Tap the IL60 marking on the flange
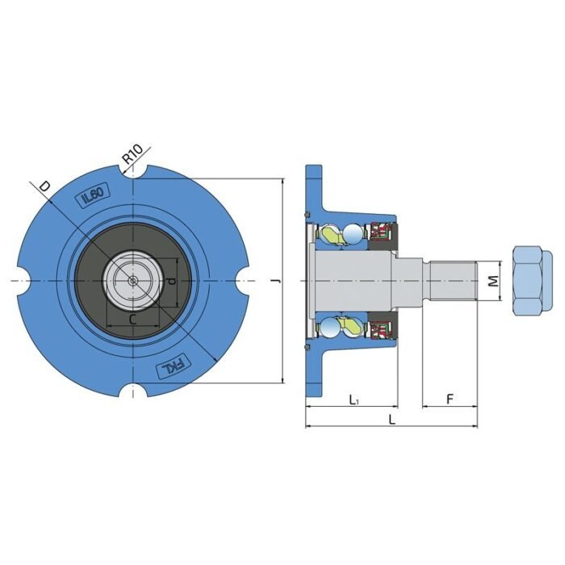point(93,195)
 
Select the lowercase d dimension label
point(169,281)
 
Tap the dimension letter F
point(450,398)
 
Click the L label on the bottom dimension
point(392,420)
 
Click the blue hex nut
point(531,280)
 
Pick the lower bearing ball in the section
point(353,326)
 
